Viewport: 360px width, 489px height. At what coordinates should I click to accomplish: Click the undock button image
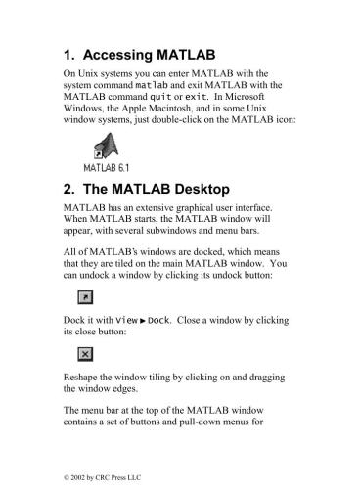coord(83,296)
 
